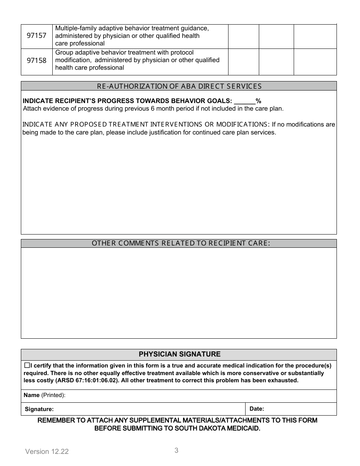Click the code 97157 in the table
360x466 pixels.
tap(36, 36)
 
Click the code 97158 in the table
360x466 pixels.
tap(36, 60)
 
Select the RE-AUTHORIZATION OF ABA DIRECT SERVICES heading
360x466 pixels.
tap(179, 86)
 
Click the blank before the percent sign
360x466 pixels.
tap(244, 101)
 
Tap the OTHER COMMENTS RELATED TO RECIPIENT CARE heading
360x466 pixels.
tap(181, 243)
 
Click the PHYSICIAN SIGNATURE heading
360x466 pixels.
tap(179, 354)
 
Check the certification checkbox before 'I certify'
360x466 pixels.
tap(27, 366)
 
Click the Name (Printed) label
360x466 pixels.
tap(44, 395)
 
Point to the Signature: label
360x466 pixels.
tap(39, 409)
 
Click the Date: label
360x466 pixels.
tap(257, 409)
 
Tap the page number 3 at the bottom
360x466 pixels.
tap(176, 450)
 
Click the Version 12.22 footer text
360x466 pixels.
tap(47, 452)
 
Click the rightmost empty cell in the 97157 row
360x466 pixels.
tap(315, 36)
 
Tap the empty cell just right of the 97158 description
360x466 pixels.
tap(243, 62)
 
